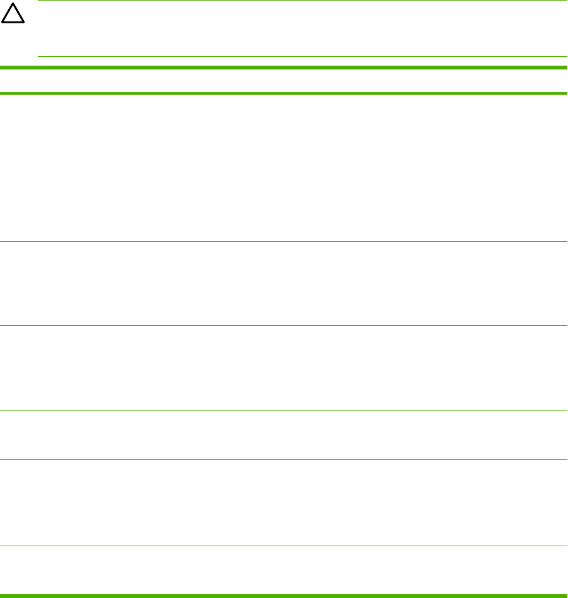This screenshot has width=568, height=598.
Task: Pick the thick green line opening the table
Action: [284, 67]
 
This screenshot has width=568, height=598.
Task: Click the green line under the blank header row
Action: [284, 93]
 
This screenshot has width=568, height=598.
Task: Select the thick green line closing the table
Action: [284, 594]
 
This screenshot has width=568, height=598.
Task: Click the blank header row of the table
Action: [284, 80]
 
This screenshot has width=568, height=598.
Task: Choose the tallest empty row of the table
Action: [284, 167]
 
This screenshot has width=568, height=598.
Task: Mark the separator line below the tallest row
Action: [284, 241]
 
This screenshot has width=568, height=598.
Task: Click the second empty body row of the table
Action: [284, 284]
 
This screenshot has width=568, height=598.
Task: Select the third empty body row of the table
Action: [284, 368]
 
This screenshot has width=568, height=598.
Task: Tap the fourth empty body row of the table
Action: [284, 435]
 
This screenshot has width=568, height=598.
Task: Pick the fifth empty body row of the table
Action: [284, 502]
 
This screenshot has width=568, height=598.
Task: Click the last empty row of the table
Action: [284, 569]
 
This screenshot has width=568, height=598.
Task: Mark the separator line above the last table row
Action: [284, 546]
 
